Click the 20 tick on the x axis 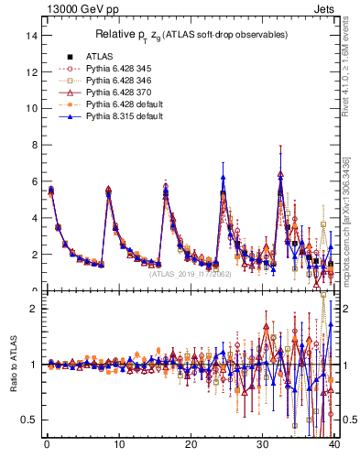pyautogui.click(x=191, y=445)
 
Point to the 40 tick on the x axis pyautogui.click(x=335, y=445)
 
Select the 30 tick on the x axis pyautogui.click(x=263, y=445)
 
